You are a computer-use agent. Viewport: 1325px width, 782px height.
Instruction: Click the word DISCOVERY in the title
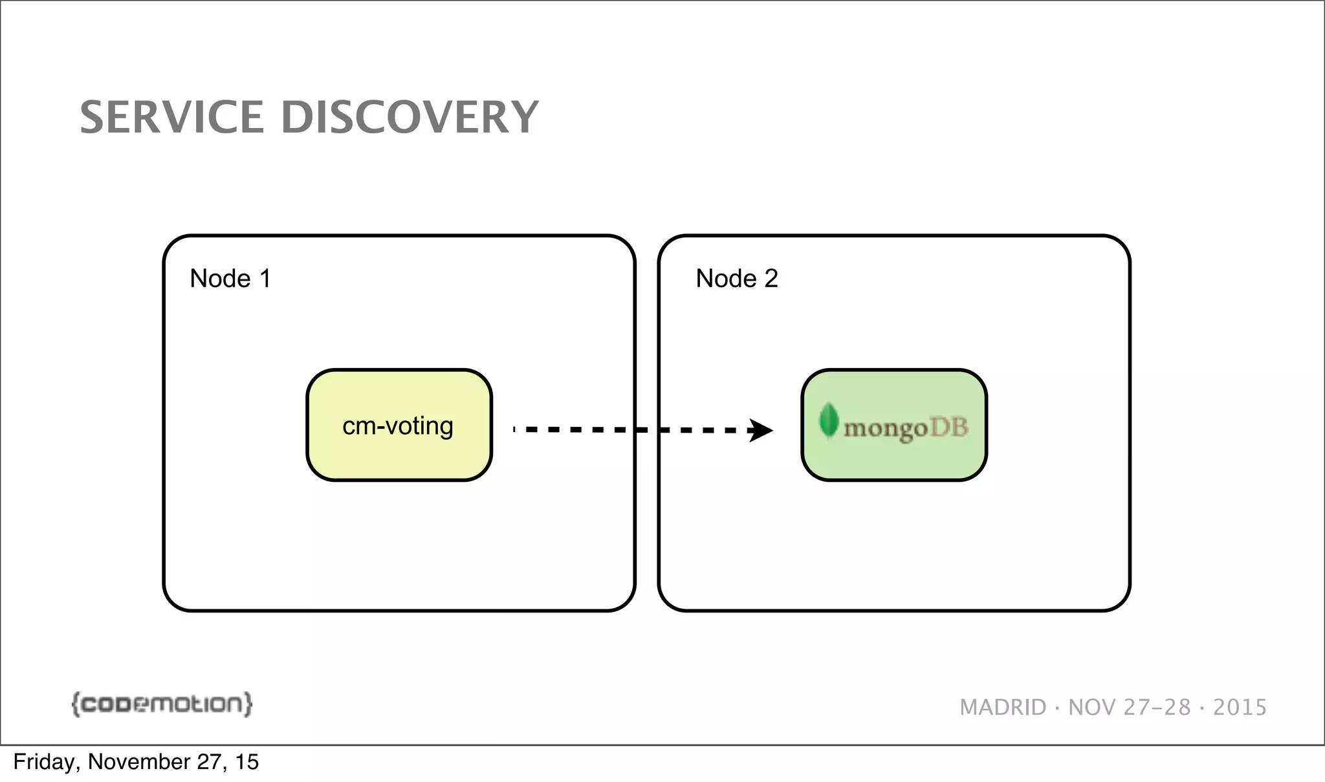[409, 118]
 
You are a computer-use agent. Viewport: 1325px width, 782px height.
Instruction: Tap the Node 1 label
[230, 279]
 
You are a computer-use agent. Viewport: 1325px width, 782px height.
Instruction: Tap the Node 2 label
[736, 279]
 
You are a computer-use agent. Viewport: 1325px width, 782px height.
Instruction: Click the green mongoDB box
[894, 459]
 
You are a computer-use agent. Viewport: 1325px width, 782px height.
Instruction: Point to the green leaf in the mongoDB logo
[828, 420]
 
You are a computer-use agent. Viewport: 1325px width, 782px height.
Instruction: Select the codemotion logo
[162, 704]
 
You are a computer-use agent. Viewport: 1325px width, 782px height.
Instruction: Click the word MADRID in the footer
[1003, 708]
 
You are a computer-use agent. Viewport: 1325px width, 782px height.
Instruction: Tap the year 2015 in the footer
[1240, 708]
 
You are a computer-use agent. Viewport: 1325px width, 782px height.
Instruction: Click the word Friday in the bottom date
[43, 762]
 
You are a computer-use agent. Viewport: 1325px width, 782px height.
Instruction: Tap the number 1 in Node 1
[265, 279]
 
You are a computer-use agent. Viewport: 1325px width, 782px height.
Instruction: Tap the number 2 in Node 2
[771, 279]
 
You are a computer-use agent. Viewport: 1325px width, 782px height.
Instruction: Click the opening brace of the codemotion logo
[75, 704]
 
